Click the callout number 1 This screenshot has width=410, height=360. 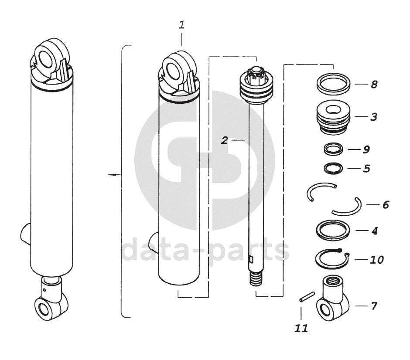(182, 25)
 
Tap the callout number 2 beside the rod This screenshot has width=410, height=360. (224, 140)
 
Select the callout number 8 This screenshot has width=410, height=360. (374, 85)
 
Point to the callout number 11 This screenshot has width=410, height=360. (301, 328)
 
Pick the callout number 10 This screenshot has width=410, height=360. (376, 260)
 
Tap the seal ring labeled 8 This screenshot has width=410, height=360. (333, 84)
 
